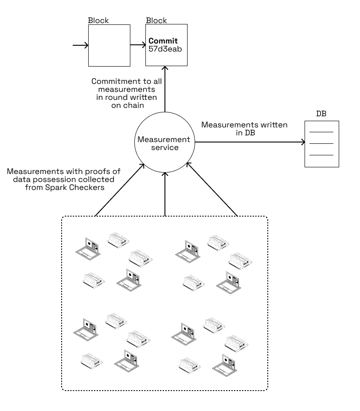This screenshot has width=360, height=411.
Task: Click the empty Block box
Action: pos(109,45)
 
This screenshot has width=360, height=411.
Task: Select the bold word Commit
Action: pos(163,41)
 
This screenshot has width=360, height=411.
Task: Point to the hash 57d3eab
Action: pos(165,49)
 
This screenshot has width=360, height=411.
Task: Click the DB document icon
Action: pos(321,144)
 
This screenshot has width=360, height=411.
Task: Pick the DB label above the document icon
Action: pos(321,114)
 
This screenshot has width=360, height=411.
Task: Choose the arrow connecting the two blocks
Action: pos(138,45)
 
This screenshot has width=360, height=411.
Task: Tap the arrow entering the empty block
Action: pos(80,45)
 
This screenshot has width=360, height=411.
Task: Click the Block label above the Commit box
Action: pos(157,20)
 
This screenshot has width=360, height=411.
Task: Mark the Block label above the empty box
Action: pos(98,20)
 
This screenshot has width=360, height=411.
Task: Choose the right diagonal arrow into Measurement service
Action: pos(212,190)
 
